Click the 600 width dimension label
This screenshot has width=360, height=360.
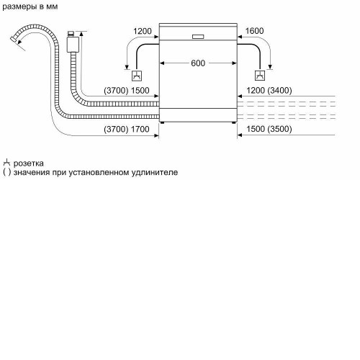pyautogui.click(x=198, y=63)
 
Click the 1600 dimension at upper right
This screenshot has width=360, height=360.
pyautogui.click(x=254, y=31)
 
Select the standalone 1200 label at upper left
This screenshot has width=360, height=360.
pyautogui.click(x=143, y=31)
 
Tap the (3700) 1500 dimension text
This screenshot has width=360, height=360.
pyautogui.click(x=127, y=91)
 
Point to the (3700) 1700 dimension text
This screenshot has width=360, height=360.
pyautogui.click(x=127, y=129)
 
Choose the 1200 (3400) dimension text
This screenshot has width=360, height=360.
pyautogui.click(x=269, y=91)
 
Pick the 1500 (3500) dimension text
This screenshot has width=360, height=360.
pyautogui.click(x=269, y=129)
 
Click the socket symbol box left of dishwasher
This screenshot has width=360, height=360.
pyautogui.click(x=137, y=76)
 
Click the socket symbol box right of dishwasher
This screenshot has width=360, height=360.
pyautogui.click(x=260, y=76)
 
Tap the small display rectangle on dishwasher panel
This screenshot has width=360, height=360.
pyautogui.click(x=198, y=37)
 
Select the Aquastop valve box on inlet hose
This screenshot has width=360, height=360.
pyautogui.click(x=73, y=45)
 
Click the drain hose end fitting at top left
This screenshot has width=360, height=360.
pyautogui.click(x=14, y=40)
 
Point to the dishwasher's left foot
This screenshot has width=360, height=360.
pyautogui.click(x=163, y=122)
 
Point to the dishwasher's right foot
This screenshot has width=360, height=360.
pyautogui.click(x=234, y=122)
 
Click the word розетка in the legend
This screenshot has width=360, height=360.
pyautogui.click(x=29, y=163)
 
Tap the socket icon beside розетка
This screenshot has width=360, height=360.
pyautogui.click(x=6, y=163)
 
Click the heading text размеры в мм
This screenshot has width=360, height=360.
pyautogui.click(x=30, y=6)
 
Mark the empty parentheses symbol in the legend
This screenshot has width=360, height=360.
pyautogui.click(x=7, y=172)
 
